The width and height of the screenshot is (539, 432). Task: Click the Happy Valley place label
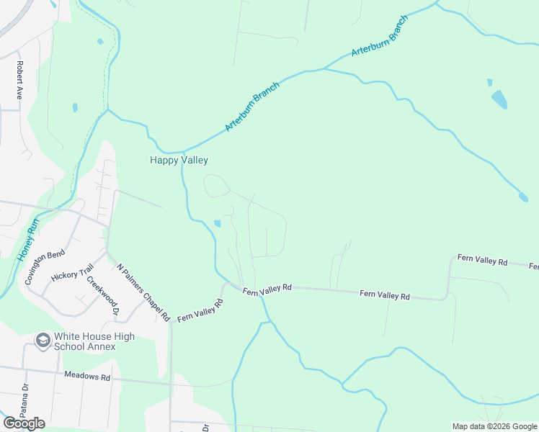point(179,160)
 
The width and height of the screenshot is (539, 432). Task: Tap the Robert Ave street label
point(20,80)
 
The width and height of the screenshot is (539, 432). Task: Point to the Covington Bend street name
point(45,267)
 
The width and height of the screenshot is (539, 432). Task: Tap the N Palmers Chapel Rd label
point(143,292)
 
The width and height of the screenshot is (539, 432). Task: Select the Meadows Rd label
point(86,376)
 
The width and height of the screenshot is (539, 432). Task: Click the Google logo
point(24,423)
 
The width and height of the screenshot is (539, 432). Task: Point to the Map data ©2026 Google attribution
point(494,426)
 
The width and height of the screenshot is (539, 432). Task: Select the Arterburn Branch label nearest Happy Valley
point(251,105)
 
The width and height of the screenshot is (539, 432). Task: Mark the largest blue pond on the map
point(499,99)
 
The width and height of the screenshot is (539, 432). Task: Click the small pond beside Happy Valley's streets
point(216,223)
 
